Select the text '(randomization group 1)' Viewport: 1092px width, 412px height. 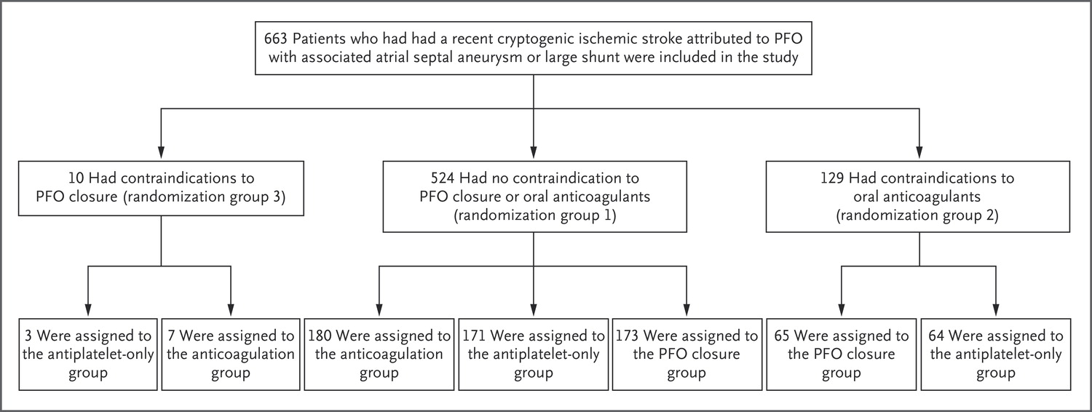(x=534, y=216)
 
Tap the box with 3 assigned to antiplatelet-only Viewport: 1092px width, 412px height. (x=88, y=355)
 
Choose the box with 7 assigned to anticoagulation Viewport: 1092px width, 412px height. (x=230, y=355)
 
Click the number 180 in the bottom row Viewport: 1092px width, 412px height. (x=323, y=336)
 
